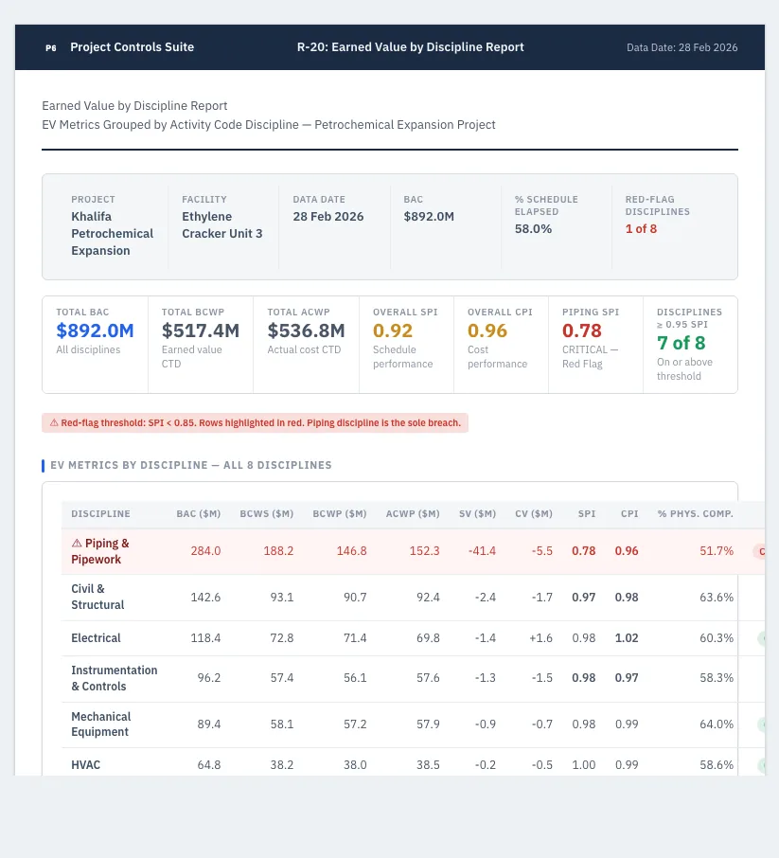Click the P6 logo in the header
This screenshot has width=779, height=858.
click(x=51, y=47)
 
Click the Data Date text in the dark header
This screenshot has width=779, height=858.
click(x=682, y=47)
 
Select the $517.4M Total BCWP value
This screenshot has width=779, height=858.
click(x=201, y=331)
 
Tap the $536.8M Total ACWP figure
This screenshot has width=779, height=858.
click(x=306, y=331)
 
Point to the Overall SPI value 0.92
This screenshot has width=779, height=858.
click(x=393, y=331)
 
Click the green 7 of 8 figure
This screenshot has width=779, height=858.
click(x=682, y=343)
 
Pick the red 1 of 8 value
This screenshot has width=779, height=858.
click(x=641, y=229)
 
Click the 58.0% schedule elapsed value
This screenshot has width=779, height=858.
click(x=533, y=229)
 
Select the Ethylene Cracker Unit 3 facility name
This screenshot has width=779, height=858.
click(x=222, y=224)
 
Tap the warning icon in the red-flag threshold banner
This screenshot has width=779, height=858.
click(x=54, y=423)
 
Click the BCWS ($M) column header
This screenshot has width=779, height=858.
click(x=266, y=514)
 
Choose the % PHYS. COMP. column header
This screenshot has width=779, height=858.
click(x=696, y=514)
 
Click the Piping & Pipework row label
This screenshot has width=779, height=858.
click(x=100, y=551)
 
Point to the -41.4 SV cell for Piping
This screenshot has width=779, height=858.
click(x=482, y=551)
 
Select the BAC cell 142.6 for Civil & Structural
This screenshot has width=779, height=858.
click(x=205, y=597)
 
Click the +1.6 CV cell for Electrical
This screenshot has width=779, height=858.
click(x=540, y=638)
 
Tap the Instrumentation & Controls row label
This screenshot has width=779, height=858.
click(x=115, y=678)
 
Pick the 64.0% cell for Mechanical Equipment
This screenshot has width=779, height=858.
click(x=717, y=724)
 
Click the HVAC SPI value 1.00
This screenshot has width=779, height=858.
click(x=584, y=765)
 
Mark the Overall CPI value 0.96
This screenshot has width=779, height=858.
click(x=487, y=331)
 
